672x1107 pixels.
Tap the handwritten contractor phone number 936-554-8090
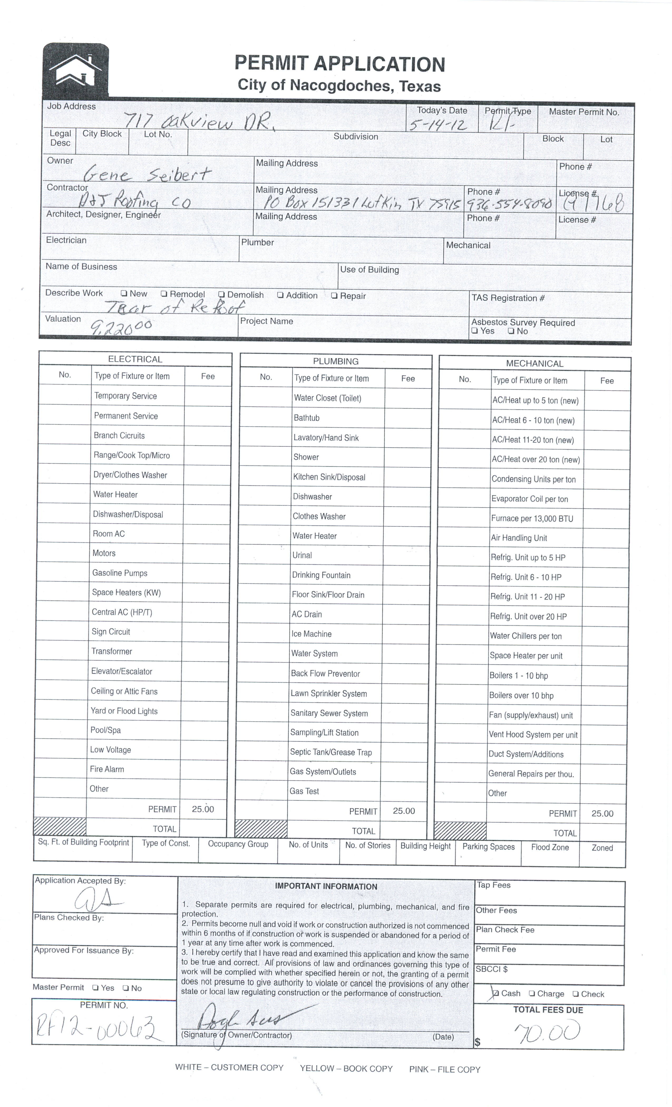(x=509, y=205)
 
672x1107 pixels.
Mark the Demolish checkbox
(x=221, y=295)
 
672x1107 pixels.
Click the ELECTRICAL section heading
(x=135, y=359)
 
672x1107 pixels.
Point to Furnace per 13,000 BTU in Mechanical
(x=532, y=518)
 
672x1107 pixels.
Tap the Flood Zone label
(x=550, y=847)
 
